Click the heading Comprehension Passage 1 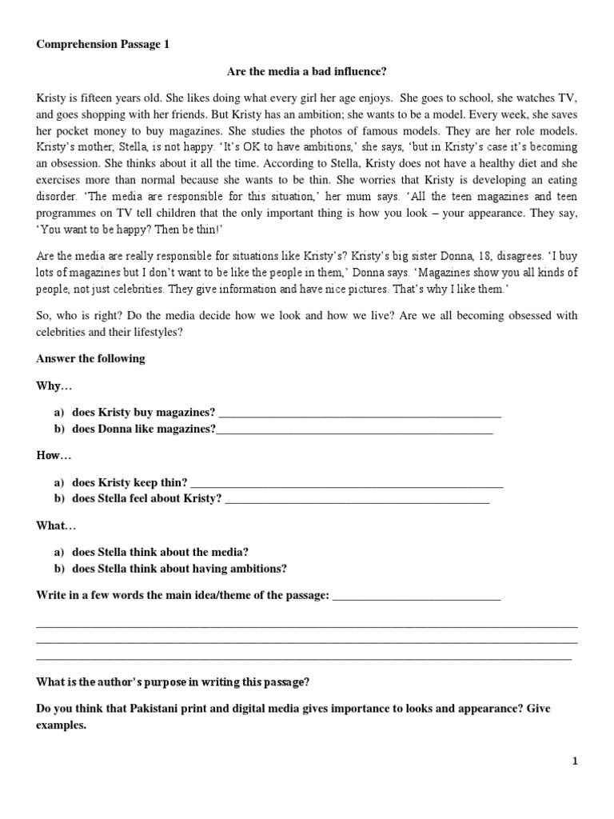click(103, 46)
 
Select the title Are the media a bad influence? click(307, 72)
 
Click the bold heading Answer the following click(90, 358)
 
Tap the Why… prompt click(54, 386)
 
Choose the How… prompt click(54, 456)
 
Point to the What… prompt click(56, 525)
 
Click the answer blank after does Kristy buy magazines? click(359, 413)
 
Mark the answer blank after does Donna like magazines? click(355, 429)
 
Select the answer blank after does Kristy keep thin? click(347, 483)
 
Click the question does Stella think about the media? click(160, 553)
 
